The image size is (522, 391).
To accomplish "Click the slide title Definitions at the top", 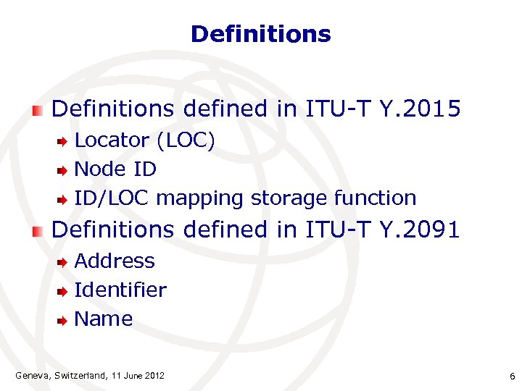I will coord(260,34).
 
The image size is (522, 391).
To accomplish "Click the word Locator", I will coord(112,140).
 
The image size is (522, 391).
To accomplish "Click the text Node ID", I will coord(115,169).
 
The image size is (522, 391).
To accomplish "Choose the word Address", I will coord(115,261).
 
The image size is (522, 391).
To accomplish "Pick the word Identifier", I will coord(120,290).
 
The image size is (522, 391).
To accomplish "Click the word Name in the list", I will coord(104,319).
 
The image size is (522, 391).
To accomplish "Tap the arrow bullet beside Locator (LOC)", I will coord(63,141).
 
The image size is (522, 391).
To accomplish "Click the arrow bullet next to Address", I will coord(63,262).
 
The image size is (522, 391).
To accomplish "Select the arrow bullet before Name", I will coord(63,320).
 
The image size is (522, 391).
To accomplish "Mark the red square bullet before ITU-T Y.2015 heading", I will coord(38,110).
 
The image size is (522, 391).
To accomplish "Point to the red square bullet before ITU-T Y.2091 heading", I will coord(38,231).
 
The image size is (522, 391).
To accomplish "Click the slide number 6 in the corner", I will coord(512,377).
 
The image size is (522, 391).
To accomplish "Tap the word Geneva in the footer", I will coord(31,375).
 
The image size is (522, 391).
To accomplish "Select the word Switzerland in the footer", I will coord(80,375).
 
